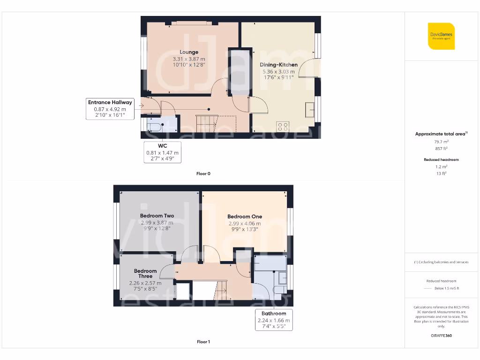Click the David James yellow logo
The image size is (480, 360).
click(x=441, y=36)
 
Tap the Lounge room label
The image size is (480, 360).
click(x=189, y=52)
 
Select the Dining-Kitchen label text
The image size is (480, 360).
click(x=278, y=65)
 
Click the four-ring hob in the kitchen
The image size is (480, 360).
click(x=283, y=126)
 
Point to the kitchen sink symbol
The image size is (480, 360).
click(x=310, y=109)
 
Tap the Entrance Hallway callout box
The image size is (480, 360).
click(x=110, y=109)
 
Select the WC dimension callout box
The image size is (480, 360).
click(x=162, y=152)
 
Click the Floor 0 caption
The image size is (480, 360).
click(x=203, y=173)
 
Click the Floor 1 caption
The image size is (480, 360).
click(x=203, y=342)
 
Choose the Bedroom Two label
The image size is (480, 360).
click(x=157, y=216)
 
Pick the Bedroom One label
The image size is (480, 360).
click(x=245, y=217)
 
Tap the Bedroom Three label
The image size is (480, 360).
click(x=145, y=273)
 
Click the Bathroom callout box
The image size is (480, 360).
click(x=274, y=320)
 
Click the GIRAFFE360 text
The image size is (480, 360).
click(x=441, y=336)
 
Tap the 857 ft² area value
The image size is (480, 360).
click(x=441, y=148)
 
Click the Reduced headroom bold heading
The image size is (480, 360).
click(x=441, y=160)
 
